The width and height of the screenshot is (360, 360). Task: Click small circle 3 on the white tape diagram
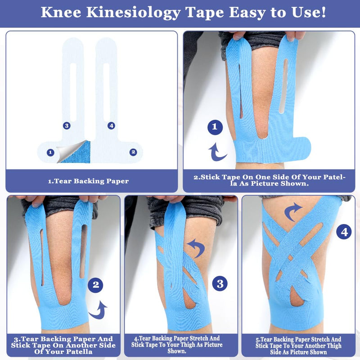67,126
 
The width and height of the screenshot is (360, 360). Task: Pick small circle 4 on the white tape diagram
112,126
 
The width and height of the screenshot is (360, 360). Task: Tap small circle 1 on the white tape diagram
50,153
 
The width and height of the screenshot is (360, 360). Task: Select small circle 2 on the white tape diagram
133,152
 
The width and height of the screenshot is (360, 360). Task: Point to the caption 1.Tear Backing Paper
89,181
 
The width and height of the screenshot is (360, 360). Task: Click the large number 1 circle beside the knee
215,127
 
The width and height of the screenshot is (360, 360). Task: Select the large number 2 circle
95,284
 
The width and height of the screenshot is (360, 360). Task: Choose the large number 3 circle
220,283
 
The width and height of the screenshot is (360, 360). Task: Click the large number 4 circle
345,232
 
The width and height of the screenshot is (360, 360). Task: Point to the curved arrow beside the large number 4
293,211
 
